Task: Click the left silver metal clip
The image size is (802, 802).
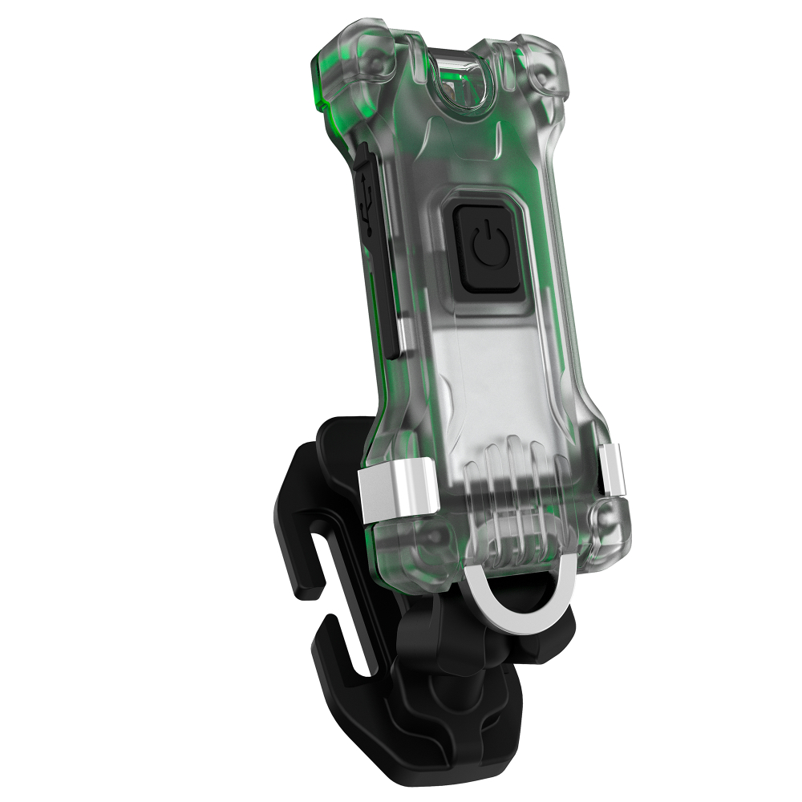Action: (399, 493)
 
